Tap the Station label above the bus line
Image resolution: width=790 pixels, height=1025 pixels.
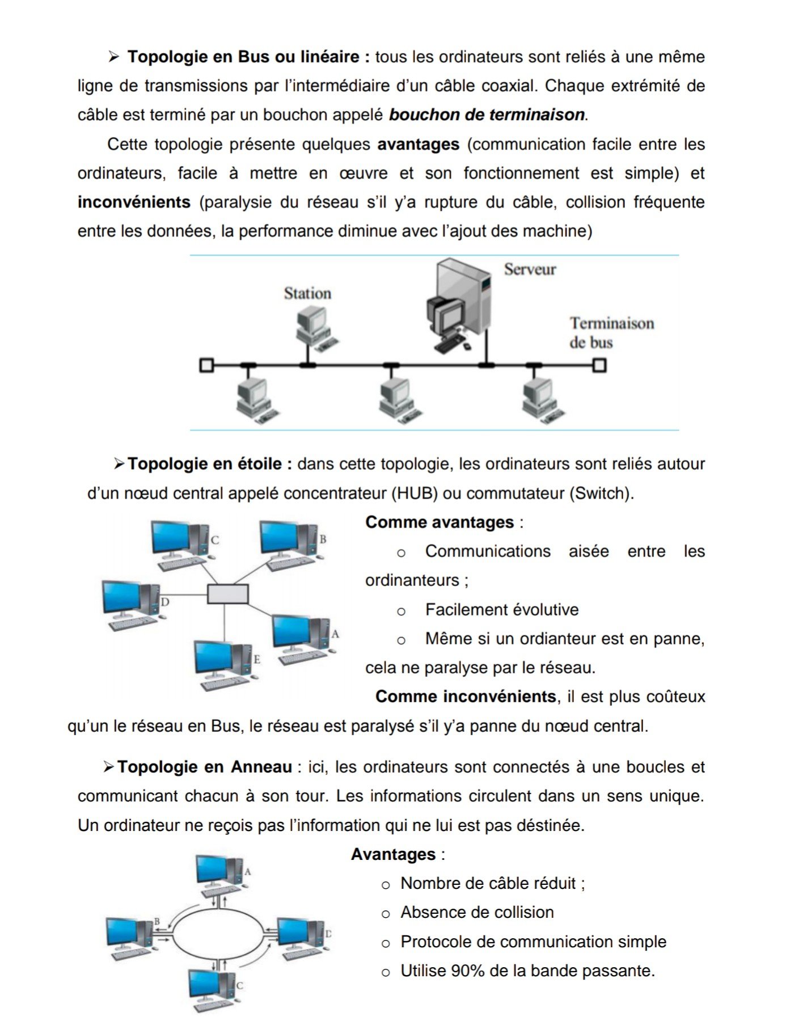307,293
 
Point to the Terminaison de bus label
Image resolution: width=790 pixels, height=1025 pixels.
611,332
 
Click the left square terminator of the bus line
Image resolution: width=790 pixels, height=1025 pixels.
206,365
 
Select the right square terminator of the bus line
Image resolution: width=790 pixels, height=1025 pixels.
599,365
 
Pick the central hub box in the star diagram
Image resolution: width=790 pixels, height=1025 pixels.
227,594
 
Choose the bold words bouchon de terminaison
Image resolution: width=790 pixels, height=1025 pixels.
487,115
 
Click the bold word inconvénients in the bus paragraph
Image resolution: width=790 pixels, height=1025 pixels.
134,202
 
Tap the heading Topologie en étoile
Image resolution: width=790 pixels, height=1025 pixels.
209,464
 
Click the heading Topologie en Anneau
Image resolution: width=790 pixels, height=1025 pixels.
204,767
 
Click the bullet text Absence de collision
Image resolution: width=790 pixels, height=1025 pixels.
476,912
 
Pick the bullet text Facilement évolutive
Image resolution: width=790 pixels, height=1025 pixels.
501,610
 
